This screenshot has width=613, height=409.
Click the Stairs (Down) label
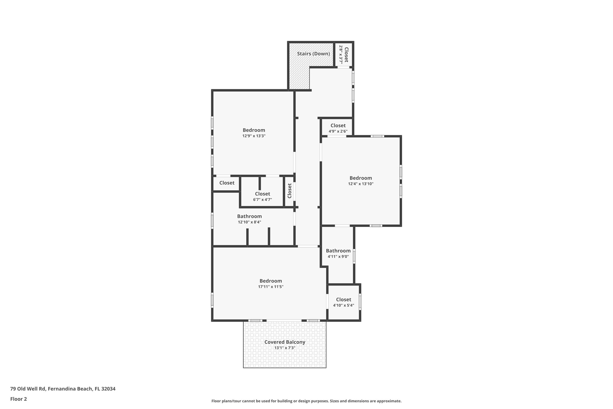click(313, 54)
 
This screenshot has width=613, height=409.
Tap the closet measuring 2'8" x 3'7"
click(344, 55)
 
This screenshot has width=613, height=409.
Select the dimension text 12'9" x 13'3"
click(254, 136)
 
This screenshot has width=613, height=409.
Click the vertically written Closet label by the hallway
click(290, 191)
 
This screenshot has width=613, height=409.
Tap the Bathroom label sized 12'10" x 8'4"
click(249, 216)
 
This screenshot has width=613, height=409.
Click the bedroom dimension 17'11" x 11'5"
click(271, 287)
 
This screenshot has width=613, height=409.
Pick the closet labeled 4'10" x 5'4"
click(344, 302)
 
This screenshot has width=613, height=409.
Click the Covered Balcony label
click(285, 342)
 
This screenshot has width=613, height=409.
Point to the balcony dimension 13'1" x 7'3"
click(285, 348)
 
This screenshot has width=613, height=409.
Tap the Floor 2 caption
click(18, 399)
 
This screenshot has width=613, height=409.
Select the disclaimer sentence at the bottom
click(306, 401)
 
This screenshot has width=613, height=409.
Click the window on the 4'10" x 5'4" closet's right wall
click(360, 302)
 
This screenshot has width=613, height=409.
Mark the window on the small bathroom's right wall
click(354, 256)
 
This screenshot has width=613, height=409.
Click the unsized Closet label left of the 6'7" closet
click(227, 183)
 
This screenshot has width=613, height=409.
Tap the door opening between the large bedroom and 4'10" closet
click(327, 301)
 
